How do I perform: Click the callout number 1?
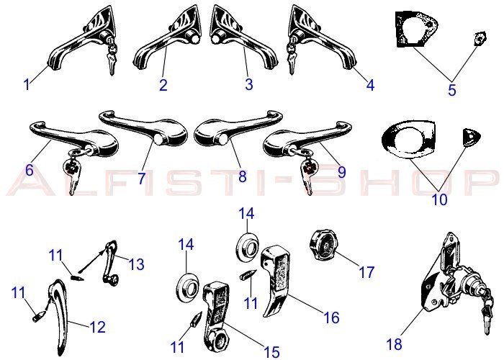[27, 85]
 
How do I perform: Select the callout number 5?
[452, 90]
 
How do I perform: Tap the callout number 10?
[439, 199]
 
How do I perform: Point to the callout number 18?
[394, 344]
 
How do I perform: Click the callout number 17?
[366, 272]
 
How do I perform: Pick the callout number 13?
[136, 264]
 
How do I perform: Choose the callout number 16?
[331, 318]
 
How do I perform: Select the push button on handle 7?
[158, 139]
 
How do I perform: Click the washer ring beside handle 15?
[188, 288]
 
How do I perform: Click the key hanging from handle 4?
[292, 57]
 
